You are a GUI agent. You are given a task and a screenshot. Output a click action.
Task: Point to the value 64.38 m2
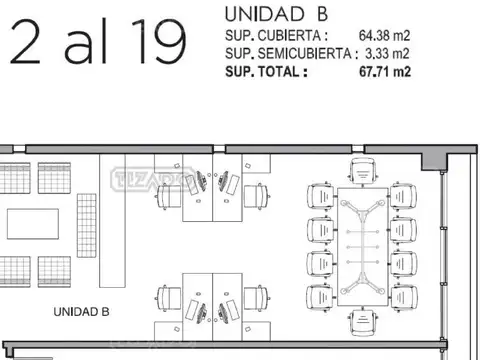[384, 36]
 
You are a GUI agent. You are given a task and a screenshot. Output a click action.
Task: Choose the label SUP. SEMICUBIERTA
[286, 53]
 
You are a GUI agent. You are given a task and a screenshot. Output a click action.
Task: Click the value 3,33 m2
[385, 53]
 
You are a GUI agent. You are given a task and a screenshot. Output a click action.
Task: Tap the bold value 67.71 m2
[384, 71]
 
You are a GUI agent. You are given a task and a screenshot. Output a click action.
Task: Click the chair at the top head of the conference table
[364, 170]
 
